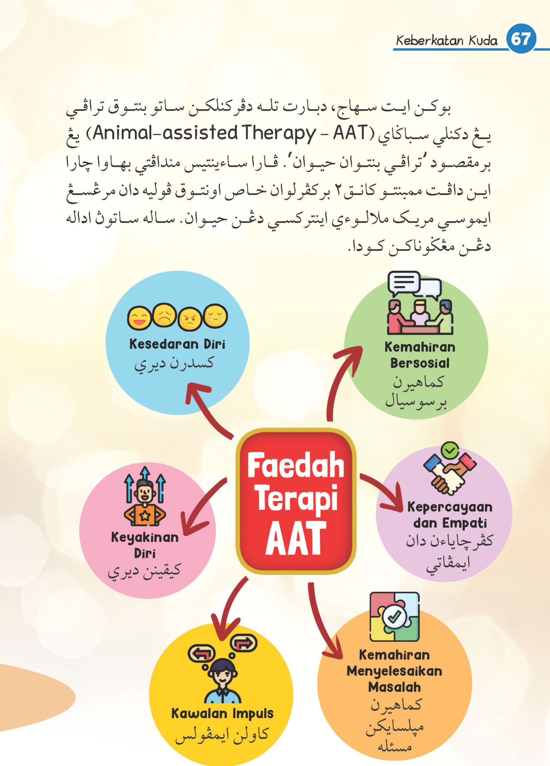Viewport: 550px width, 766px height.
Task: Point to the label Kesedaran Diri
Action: tap(177, 344)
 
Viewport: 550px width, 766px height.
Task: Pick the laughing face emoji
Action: tap(139, 318)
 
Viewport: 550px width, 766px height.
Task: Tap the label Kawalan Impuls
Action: tap(222, 714)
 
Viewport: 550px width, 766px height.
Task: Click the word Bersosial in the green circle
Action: tap(420, 363)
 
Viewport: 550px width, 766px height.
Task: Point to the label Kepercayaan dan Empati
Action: tap(450, 515)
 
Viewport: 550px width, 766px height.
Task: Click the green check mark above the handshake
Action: tap(450, 450)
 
